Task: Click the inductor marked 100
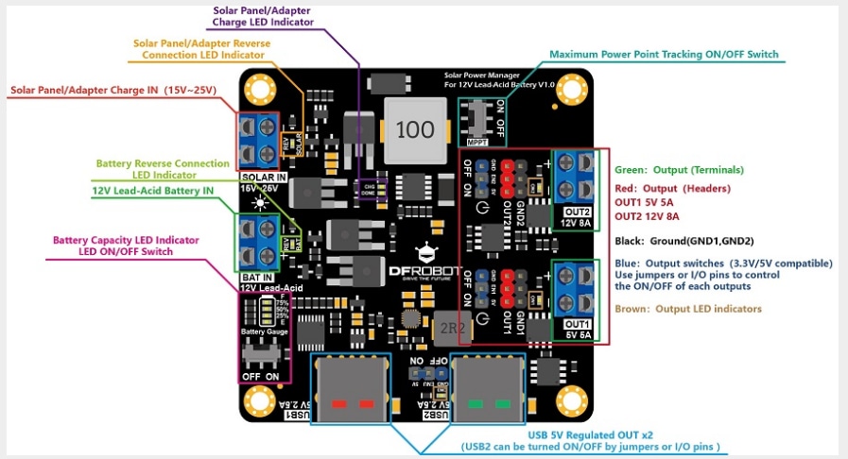point(412,129)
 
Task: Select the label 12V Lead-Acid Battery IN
point(153,191)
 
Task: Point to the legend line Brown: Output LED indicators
point(687,309)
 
